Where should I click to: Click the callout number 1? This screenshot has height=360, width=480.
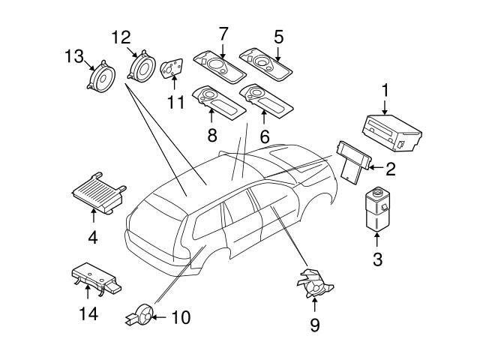click(385, 91)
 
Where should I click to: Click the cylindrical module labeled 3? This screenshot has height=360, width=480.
click(377, 208)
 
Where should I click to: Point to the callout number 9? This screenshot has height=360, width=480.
click(314, 325)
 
